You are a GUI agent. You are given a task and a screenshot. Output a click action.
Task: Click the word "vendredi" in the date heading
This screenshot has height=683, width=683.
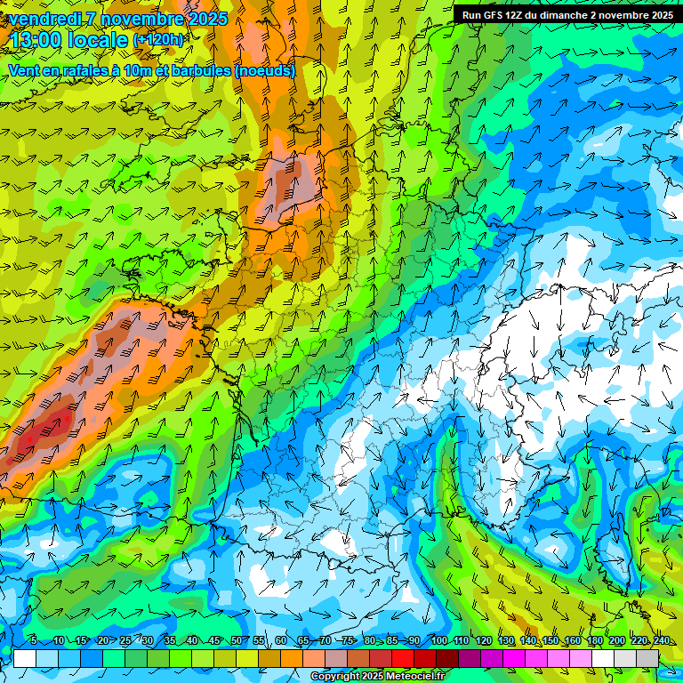click(44, 19)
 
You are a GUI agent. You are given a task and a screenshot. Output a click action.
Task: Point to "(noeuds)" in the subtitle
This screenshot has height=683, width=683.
click(264, 70)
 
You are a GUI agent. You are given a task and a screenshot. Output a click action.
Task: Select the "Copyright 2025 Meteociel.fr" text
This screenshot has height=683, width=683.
click(379, 677)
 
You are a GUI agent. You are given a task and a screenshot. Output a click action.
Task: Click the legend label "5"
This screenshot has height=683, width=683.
click(34, 641)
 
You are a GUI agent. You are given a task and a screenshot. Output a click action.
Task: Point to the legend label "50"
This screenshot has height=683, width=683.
click(237, 641)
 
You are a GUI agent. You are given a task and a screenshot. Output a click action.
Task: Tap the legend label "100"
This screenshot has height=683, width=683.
click(438, 641)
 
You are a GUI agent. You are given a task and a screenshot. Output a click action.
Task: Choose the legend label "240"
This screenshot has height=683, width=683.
click(662, 641)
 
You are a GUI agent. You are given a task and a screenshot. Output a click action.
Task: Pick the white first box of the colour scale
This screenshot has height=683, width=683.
click(25, 658)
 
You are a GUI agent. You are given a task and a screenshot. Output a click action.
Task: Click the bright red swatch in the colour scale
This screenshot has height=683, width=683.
click(403, 658)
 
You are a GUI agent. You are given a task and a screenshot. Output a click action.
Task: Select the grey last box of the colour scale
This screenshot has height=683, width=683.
click(647, 658)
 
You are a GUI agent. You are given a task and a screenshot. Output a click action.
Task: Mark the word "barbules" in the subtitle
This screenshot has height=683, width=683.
click(201, 70)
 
